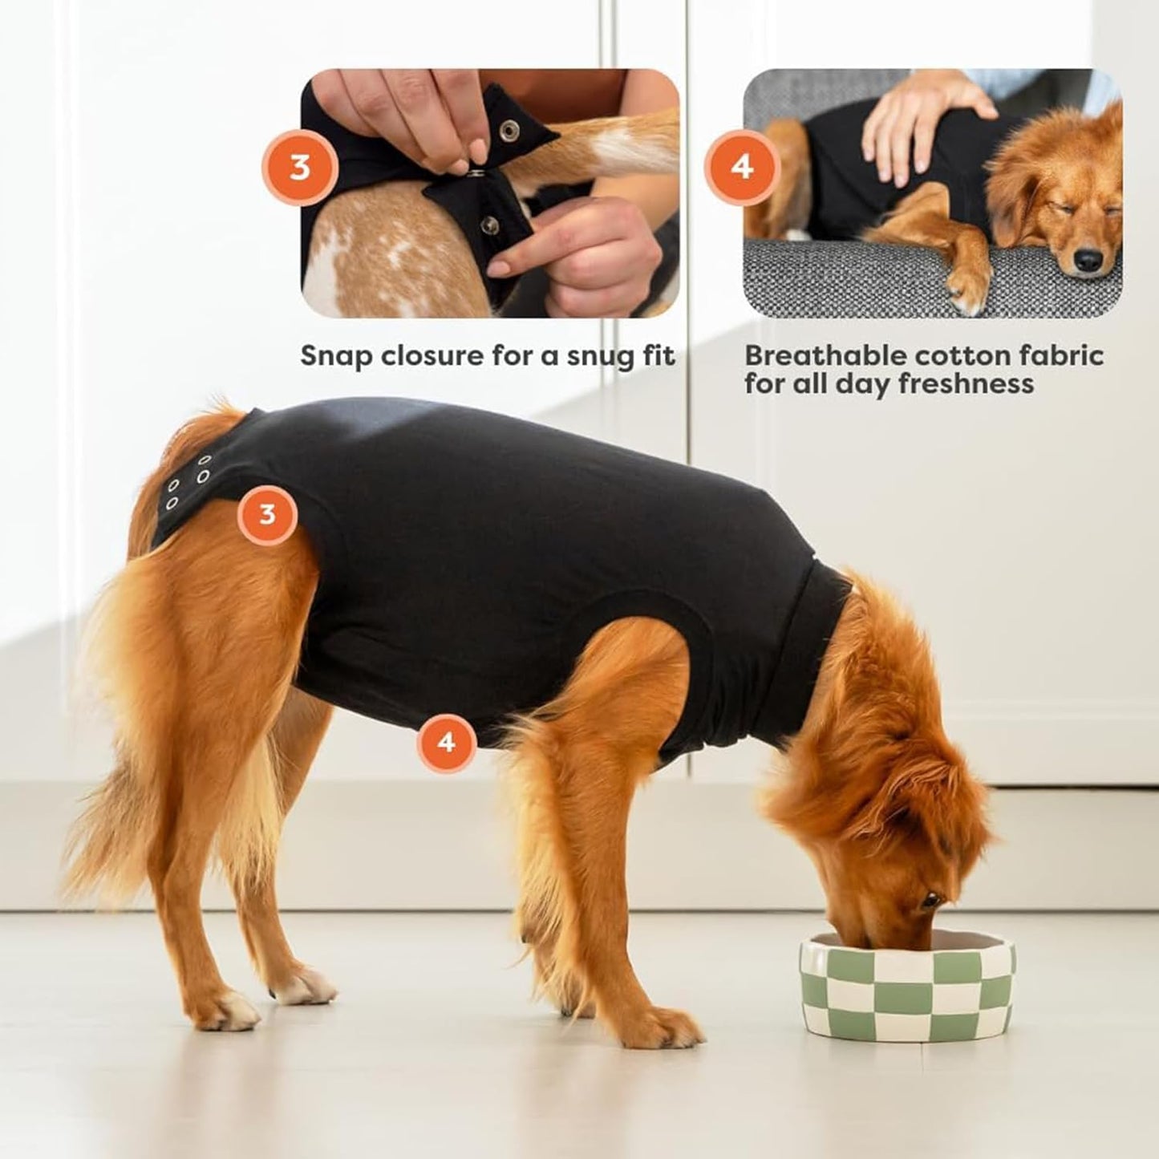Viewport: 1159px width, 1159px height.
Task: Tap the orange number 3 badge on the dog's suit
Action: pyautogui.click(x=267, y=514)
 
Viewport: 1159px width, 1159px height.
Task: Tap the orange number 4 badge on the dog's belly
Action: pyautogui.click(x=446, y=743)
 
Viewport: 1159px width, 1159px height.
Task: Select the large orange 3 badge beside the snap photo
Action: pyautogui.click(x=299, y=168)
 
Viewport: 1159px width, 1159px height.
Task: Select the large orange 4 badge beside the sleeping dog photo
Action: pyautogui.click(x=742, y=168)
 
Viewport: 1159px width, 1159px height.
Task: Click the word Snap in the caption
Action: pyautogui.click(x=335, y=356)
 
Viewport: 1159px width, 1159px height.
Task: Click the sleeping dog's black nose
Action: pyautogui.click(x=1088, y=261)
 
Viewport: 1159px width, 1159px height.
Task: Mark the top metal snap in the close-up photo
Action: pyautogui.click(x=507, y=128)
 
